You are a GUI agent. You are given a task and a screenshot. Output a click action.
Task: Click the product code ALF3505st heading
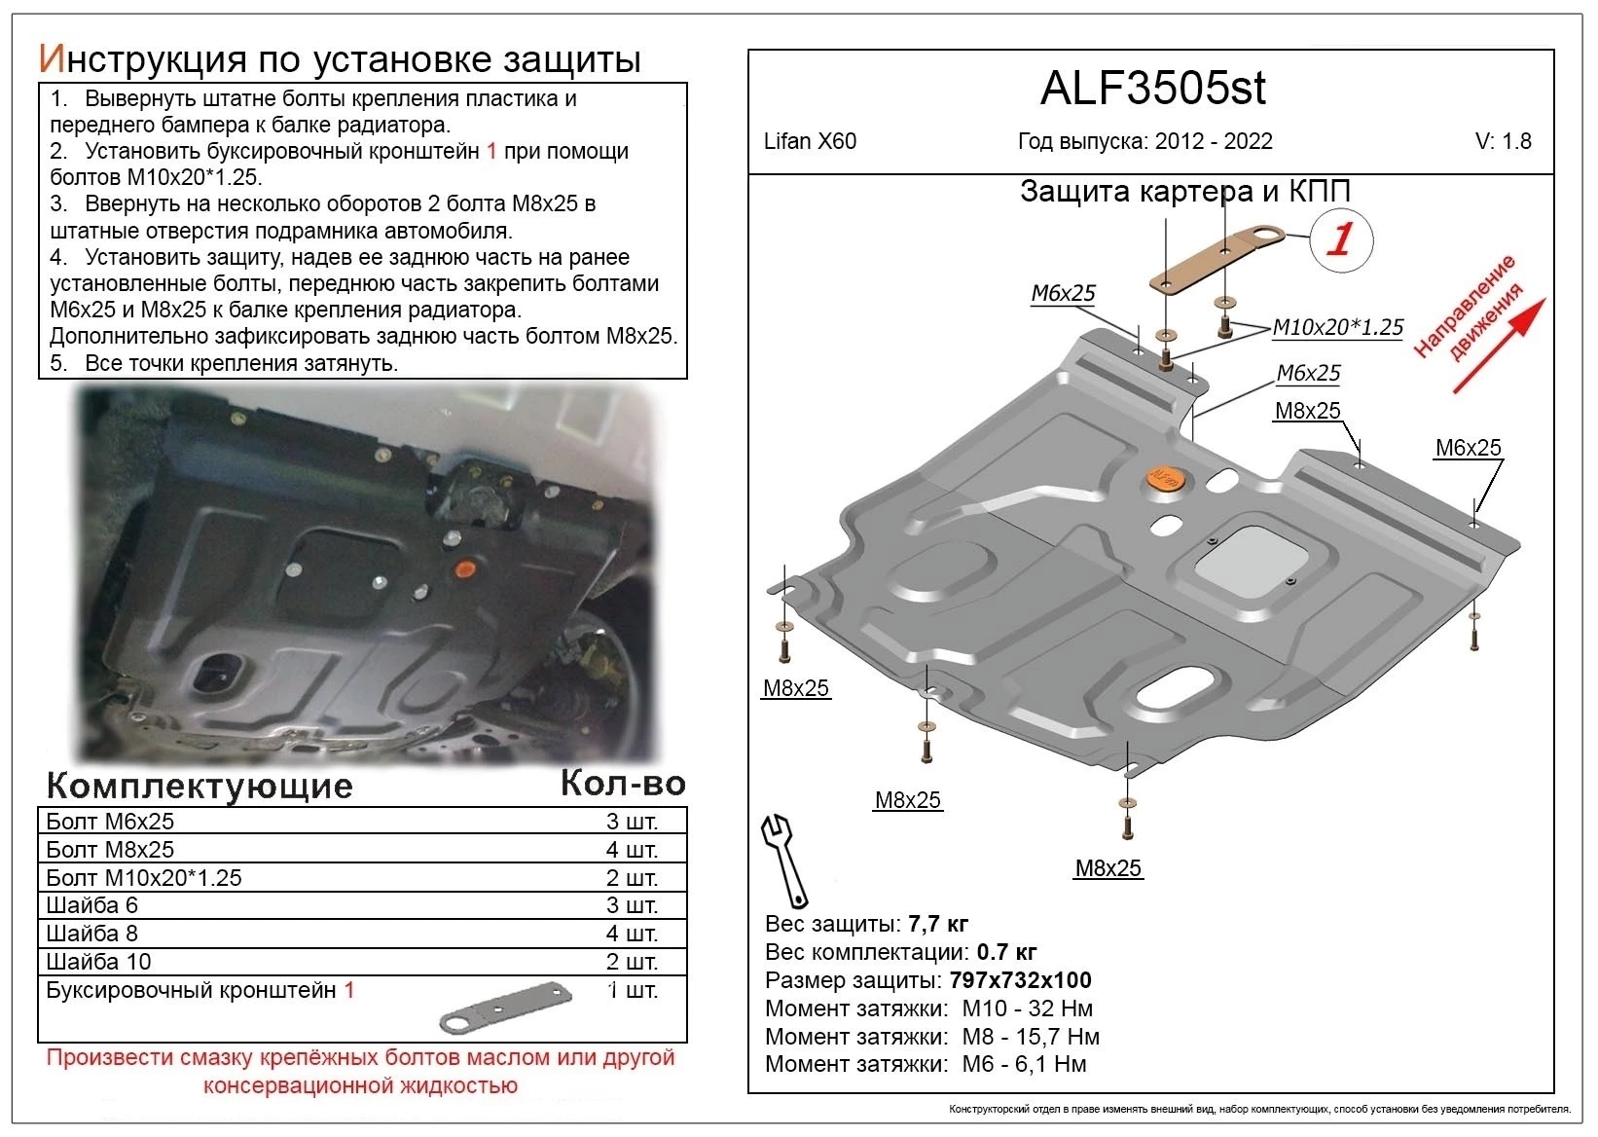click(x=1152, y=89)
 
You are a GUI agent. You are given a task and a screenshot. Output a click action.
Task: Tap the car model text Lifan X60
click(x=810, y=142)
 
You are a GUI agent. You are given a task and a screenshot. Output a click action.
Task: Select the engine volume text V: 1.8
click(x=1503, y=142)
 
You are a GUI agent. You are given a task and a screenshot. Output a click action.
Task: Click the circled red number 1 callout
click(x=1341, y=239)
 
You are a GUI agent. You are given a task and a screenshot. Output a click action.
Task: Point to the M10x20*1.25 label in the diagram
click(x=1337, y=328)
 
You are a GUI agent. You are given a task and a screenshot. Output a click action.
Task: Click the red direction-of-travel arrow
click(x=1499, y=346)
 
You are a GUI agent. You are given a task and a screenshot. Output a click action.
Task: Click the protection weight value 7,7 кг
click(x=938, y=924)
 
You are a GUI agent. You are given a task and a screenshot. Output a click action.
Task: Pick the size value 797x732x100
click(x=1020, y=980)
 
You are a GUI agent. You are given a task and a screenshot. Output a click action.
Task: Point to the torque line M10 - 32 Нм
click(x=1027, y=1009)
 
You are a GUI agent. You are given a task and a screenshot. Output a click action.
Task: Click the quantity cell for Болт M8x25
click(x=632, y=850)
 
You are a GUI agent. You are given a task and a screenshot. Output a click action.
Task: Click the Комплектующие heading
click(x=200, y=786)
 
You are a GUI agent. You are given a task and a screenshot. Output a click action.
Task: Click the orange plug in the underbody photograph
click(x=465, y=568)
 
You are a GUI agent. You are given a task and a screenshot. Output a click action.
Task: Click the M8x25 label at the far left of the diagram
click(x=795, y=688)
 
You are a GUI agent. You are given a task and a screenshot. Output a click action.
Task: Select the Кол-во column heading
click(x=623, y=784)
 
